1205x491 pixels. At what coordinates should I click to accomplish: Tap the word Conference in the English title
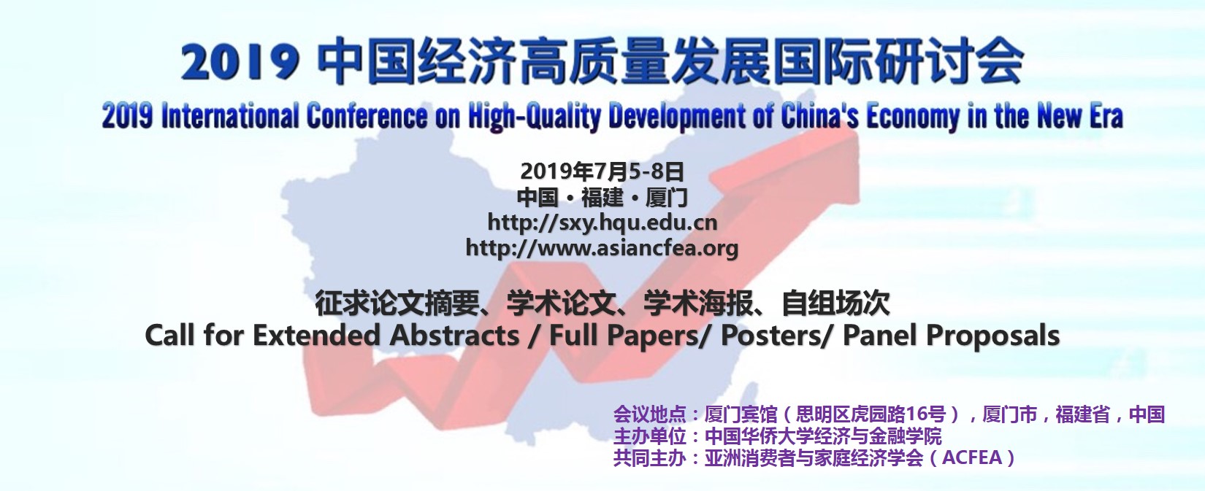366,116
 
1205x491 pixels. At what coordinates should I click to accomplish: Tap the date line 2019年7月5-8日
602,171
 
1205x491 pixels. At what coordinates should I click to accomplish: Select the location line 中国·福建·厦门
602,197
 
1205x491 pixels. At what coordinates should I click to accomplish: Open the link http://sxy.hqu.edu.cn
602,223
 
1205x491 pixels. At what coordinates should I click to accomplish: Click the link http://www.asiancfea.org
602,247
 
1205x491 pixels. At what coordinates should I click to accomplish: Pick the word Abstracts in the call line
454,335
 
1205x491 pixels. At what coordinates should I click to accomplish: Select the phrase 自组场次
835,304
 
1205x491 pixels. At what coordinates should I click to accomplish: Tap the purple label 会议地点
650,414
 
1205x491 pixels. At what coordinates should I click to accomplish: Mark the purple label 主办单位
650,436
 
